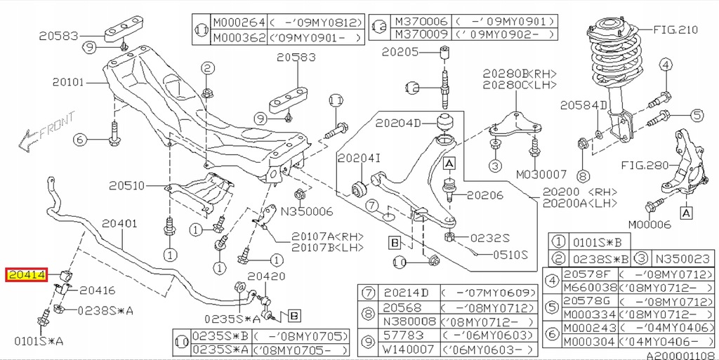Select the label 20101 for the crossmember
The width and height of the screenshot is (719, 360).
(68, 82)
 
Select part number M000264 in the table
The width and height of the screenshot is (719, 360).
(237, 22)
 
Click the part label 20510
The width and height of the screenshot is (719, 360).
(126, 186)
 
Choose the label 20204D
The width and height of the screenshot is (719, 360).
(398, 124)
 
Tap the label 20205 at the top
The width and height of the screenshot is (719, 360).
(400, 51)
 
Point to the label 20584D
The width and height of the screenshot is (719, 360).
(583, 105)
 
